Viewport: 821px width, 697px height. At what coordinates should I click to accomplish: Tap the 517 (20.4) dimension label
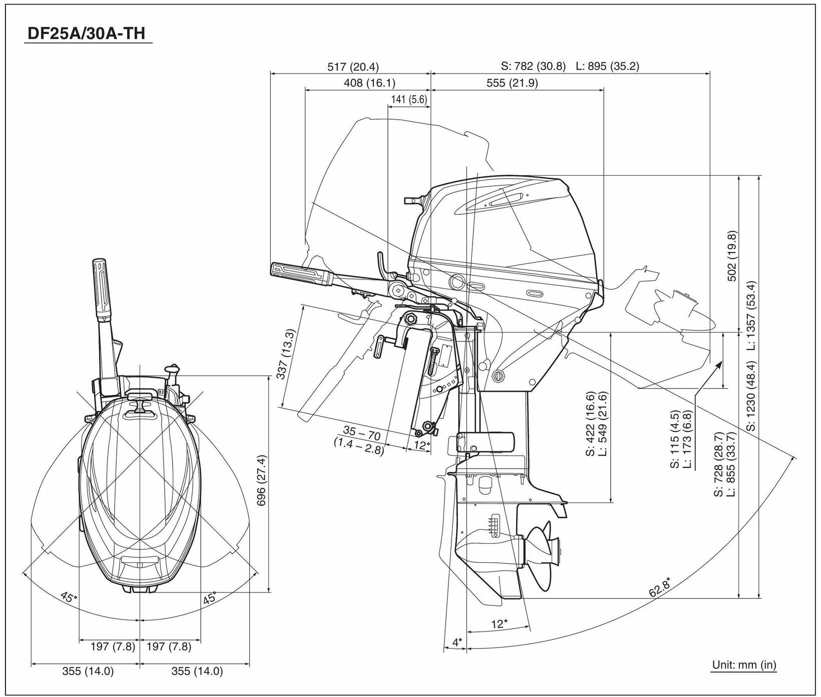(353, 66)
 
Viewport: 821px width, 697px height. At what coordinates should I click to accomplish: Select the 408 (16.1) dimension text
(369, 83)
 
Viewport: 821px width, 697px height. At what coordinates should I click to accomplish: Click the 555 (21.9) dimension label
(512, 83)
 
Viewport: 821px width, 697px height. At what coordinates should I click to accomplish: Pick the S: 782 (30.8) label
(533, 66)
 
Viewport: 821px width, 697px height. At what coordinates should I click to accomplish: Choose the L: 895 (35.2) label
(607, 66)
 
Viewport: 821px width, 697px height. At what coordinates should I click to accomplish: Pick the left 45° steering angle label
(69, 597)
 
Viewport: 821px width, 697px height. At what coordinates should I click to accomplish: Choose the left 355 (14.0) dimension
(88, 671)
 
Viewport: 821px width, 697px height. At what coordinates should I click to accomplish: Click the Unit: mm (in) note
(744, 665)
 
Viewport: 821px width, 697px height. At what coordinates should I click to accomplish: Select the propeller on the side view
(543, 550)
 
